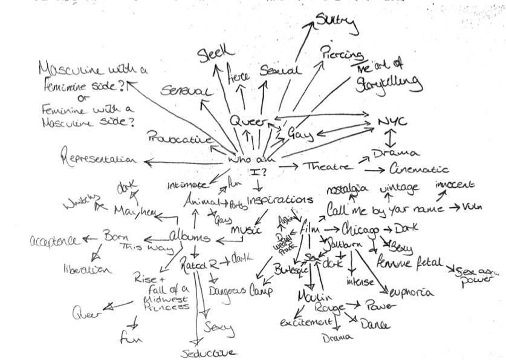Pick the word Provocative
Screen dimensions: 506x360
click(x=180, y=138)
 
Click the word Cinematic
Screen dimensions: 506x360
click(x=419, y=169)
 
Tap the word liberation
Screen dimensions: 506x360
click(x=88, y=268)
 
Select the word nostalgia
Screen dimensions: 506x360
click(x=347, y=190)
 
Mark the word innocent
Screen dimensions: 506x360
click(x=456, y=185)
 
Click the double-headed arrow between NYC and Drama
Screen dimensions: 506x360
click(x=392, y=137)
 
